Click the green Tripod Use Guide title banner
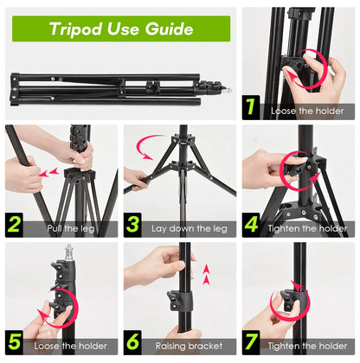[121, 29]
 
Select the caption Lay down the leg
[189, 229]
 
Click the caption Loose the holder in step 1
[307, 111]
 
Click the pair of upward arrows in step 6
[205, 275]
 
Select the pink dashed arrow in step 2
[49, 172]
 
